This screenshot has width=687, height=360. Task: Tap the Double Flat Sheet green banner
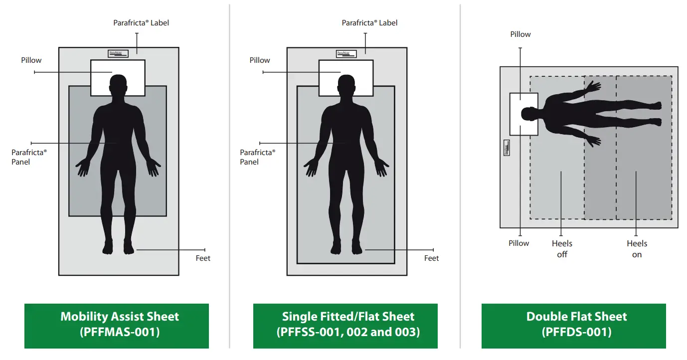573,325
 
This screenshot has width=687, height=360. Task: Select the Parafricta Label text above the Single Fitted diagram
369,23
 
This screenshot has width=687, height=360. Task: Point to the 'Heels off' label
562,249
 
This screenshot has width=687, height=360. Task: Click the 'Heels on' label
637,249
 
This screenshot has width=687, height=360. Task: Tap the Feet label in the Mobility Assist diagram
203,258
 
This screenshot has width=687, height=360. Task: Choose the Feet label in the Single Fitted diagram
432,258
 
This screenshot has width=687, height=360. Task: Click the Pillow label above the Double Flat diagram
520,34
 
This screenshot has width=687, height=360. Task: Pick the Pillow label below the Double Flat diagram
519,243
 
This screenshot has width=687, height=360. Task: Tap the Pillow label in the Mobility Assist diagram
31,60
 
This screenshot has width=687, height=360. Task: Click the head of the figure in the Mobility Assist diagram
118,84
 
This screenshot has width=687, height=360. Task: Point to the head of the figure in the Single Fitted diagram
346,84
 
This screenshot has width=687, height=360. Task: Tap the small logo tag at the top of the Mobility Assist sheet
118,53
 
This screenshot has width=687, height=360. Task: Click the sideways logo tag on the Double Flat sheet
507,148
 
